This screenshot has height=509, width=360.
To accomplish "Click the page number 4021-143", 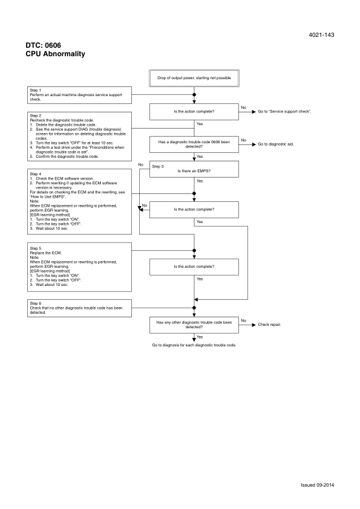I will point(321,35).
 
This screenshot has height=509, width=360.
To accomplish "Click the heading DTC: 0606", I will point(43,45).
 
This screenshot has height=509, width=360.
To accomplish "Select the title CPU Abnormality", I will point(55,54).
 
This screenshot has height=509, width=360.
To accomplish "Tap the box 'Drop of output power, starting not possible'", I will point(194,79).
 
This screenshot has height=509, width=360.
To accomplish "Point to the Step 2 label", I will point(36,114).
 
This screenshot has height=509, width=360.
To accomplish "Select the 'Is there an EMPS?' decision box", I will point(194,171).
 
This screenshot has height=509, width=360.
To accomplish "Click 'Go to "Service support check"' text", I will point(284,112).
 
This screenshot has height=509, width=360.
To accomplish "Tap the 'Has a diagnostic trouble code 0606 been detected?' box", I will point(194,144).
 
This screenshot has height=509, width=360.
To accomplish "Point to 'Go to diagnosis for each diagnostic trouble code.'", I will point(194,345).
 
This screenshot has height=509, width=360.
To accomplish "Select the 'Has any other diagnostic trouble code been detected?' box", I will point(194,325).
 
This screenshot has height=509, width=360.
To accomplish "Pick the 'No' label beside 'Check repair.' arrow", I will point(244,320).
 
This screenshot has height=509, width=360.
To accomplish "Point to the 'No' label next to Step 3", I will point(140,164).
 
